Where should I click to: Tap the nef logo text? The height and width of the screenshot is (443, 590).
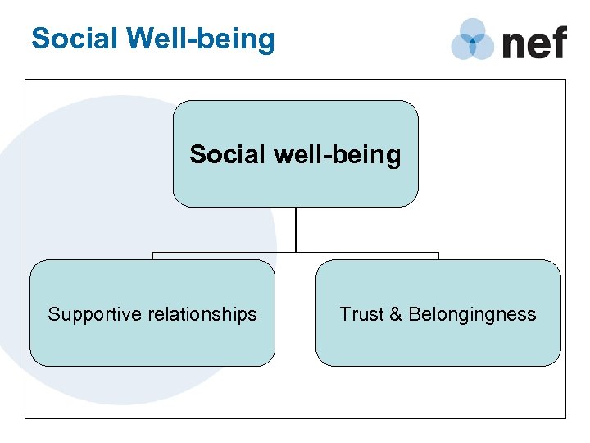[533, 41]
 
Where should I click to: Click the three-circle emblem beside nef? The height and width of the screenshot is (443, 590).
[472, 39]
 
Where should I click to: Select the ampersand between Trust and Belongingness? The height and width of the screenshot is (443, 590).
[397, 314]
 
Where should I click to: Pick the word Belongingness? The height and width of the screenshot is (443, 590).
[472, 315]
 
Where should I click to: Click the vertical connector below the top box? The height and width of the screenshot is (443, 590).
[296, 230]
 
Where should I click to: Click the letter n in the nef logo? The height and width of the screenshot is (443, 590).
[514, 43]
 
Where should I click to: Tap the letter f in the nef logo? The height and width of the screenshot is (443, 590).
[558, 40]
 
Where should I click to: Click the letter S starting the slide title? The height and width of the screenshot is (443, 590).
[39, 39]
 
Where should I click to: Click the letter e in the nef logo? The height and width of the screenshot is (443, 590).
[538, 43]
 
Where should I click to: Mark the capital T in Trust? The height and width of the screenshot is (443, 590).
[345, 314]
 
